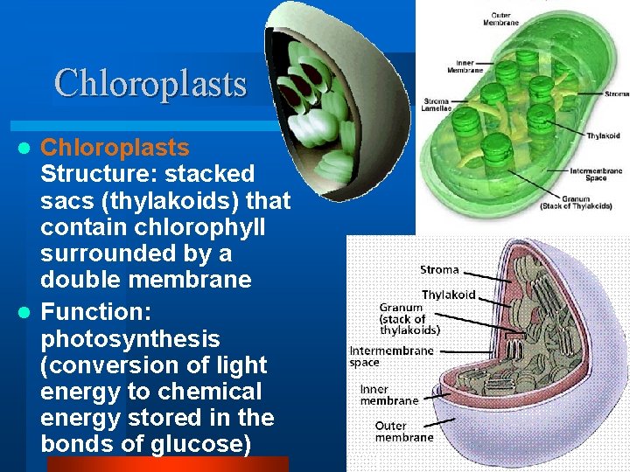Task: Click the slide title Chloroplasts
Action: tap(150, 84)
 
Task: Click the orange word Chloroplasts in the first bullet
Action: tap(115, 147)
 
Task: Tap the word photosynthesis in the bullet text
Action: tap(129, 337)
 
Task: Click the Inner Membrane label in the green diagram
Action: tap(460, 66)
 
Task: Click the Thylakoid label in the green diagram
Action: tap(603, 135)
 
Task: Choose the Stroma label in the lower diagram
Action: tap(439, 269)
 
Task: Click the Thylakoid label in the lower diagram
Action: tap(448, 295)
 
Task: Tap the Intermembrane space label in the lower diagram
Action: tap(391, 356)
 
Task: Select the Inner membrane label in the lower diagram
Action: tap(388, 394)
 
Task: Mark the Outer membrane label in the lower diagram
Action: tap(403, 432)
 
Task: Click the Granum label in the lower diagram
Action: tap(401, 307)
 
